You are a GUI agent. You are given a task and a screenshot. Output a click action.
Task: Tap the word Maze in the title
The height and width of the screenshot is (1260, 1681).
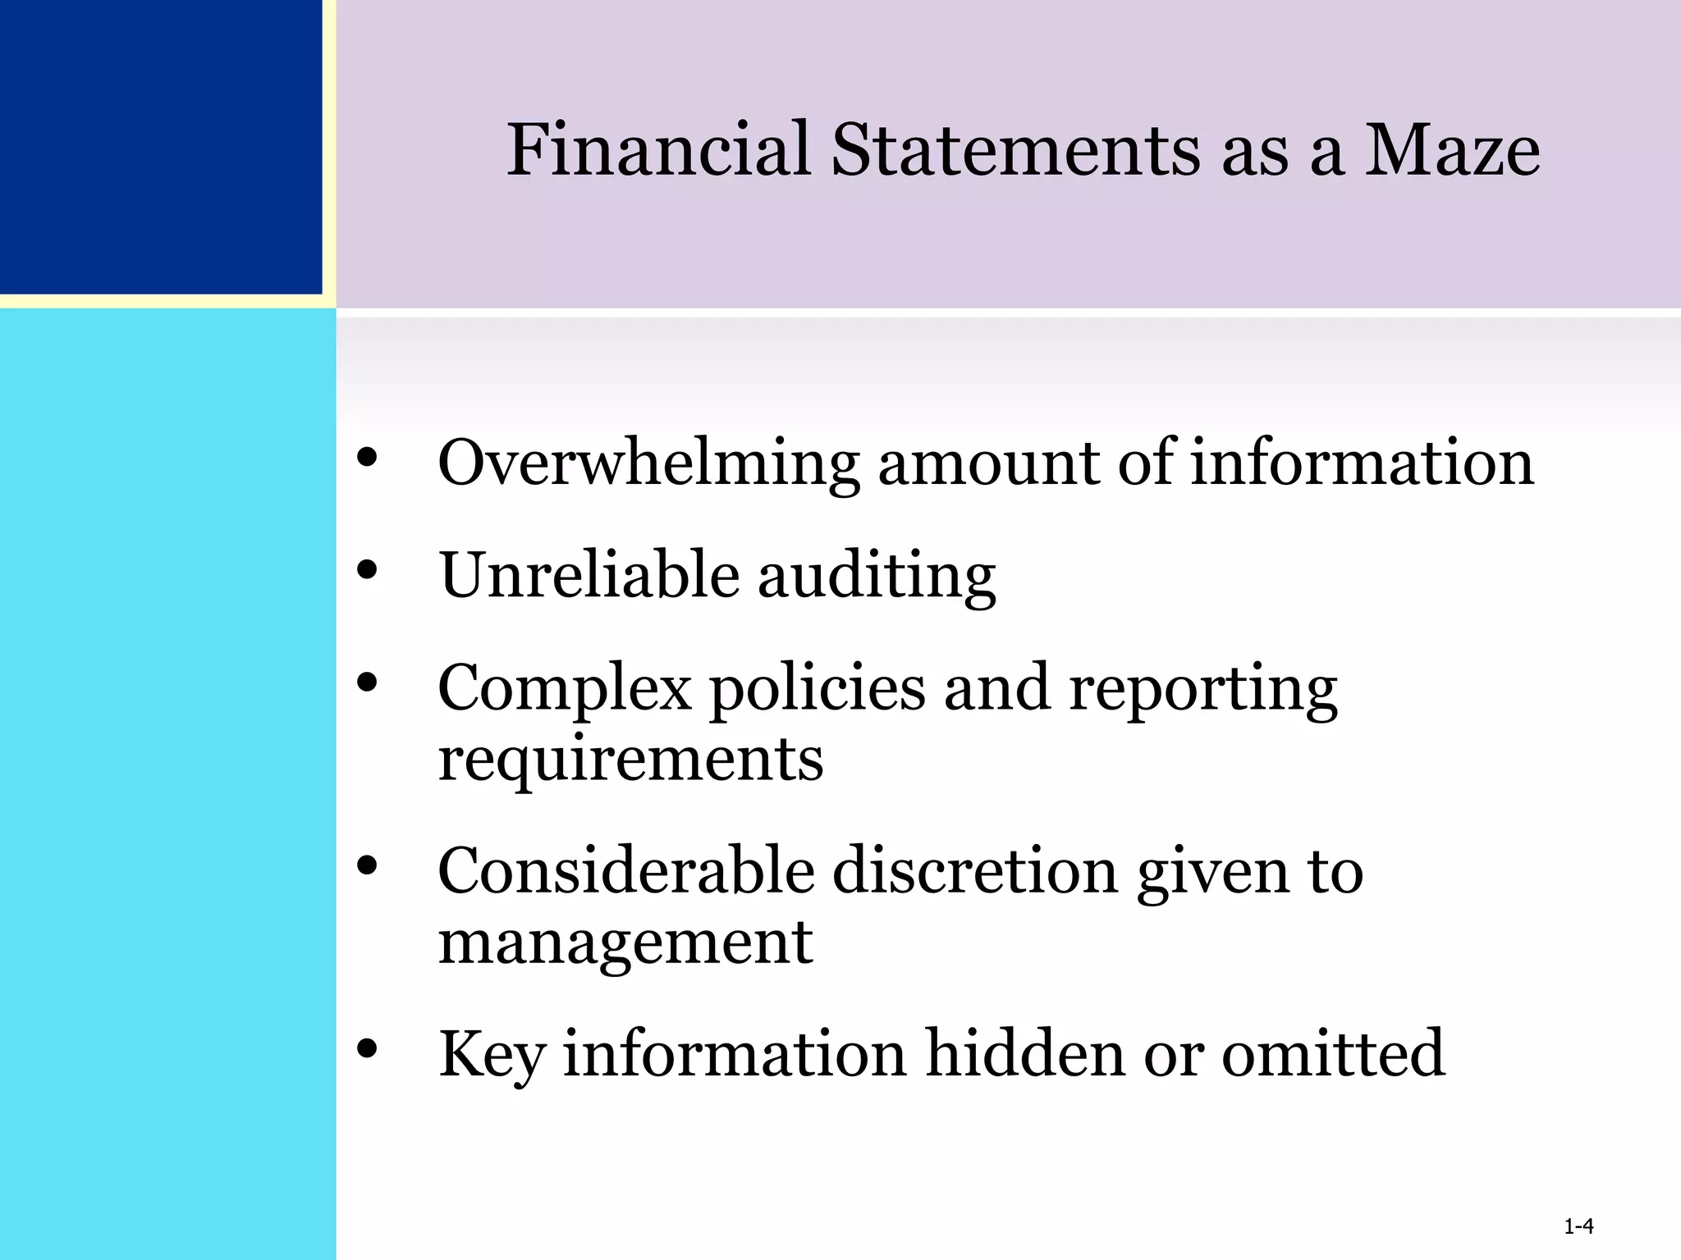tap(1451, 150)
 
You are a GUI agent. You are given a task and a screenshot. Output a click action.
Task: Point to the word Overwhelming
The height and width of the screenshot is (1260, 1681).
tap(648, 464)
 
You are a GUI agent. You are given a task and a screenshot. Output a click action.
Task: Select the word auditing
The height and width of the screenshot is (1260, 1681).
tap(876, 577)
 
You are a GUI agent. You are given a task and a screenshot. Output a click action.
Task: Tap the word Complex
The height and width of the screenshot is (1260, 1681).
tap(565, 689)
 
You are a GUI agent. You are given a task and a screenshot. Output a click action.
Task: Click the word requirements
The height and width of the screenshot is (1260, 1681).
tap(630, 759)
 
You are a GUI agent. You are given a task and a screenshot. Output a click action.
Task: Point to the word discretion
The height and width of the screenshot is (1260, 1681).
tap(975, 871)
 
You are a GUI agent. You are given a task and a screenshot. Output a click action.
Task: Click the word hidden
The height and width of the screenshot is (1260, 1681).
tap(1024, 1054)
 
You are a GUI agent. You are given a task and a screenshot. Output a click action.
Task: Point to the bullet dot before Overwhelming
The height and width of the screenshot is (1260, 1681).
tap(367, 456)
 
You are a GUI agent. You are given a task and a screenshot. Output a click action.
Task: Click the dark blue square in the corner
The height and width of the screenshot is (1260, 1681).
tap(160, 146)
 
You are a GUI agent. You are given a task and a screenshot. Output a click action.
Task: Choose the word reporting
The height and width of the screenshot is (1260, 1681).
tap(1202, 689)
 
